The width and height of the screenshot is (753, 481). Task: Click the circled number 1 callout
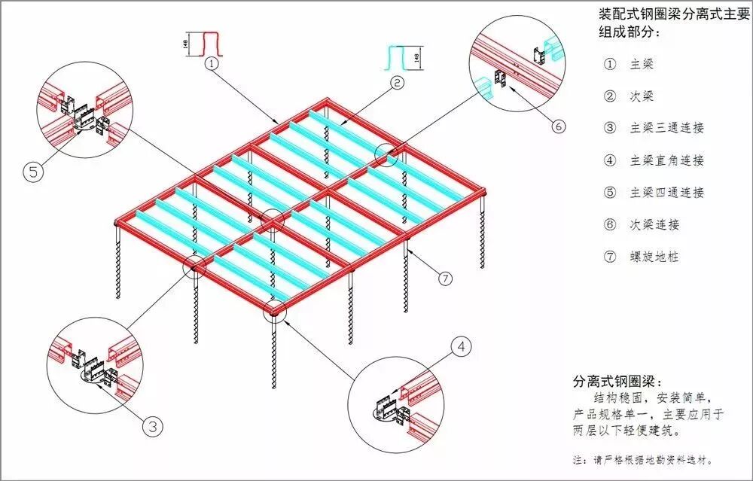pos(213,64)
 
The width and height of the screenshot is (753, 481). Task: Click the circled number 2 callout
pos(398,84)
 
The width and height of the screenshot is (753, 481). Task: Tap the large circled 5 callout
pos(33,172)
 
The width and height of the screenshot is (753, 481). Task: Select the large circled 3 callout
pos(153,426)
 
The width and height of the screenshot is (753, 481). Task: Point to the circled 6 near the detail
pos(558,126)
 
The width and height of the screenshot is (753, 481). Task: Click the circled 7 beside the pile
pos(445,279)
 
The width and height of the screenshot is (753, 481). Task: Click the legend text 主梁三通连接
pos(666,128)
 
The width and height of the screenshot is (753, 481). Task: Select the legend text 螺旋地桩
pos(654,257)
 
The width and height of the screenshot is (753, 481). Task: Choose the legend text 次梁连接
pos(654,224)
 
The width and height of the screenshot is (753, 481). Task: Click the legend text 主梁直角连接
pos(666,160)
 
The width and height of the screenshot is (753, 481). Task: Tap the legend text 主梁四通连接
pos(666,192)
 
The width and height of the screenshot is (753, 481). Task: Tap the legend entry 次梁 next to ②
pos(642,96)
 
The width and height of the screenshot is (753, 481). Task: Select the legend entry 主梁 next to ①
pos(642,64)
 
